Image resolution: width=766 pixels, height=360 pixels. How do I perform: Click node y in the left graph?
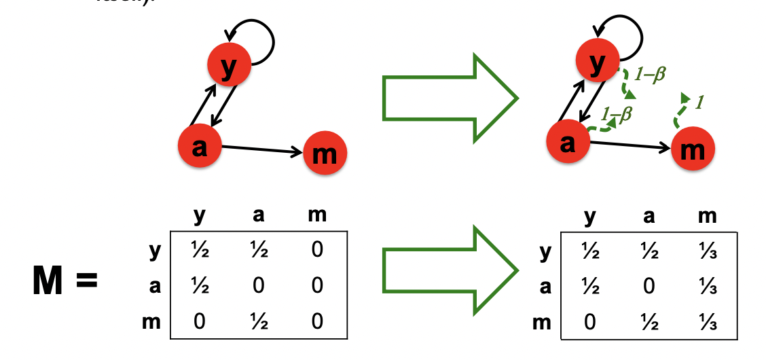(230, 63)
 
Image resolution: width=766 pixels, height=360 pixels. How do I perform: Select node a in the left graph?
(200, 145)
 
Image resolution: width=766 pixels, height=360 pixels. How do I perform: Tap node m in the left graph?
(325, 152)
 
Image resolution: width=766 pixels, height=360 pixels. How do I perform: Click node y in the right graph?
(598, 61)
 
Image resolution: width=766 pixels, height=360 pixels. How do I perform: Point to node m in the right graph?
(693, 149)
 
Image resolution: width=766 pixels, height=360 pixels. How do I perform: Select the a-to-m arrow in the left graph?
(261, 149)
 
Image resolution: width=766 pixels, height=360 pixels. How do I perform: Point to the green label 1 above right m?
(699, 103)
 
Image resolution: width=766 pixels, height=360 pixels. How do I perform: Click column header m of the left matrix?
(316, 216)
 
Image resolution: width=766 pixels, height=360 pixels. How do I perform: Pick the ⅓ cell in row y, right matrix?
(707, 252)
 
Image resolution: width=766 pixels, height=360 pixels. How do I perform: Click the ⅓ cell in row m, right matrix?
(707, 321)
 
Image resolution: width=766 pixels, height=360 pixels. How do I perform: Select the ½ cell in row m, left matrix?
(258, 321)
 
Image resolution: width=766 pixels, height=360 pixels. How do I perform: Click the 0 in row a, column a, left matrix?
(258, 286)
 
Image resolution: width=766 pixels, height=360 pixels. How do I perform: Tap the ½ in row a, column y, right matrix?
(589, 287)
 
